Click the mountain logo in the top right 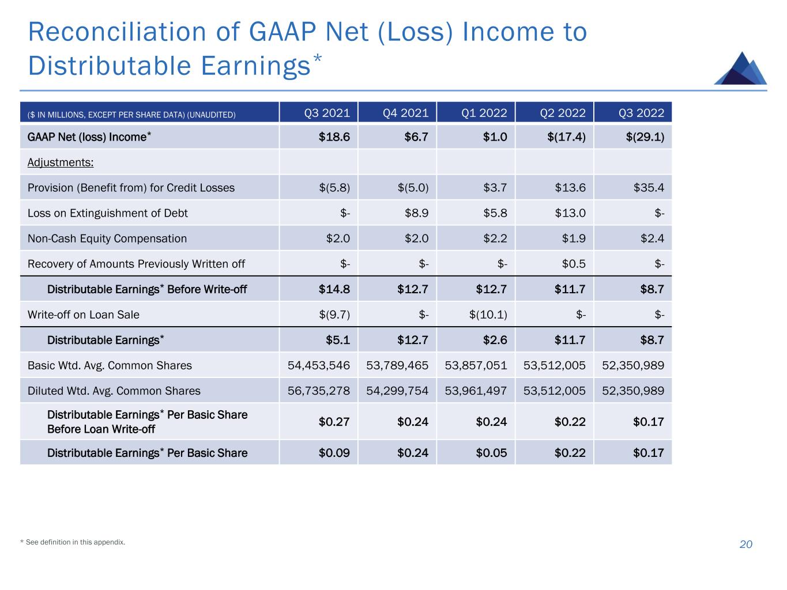pos(740,69)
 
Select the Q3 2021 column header pos(327,113)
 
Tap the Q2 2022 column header pos(562,113)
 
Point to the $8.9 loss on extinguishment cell pos(416,213)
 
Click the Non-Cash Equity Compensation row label pos(107,239)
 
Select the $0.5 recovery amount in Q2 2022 pos(574,264)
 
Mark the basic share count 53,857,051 pos(476,365)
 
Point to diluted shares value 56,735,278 pos(319,391)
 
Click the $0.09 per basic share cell pos(334,453)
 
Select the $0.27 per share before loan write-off pos(334,422)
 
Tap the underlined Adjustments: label pos(61,162)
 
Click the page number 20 pos(745,544)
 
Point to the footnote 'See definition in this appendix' pos(75,542)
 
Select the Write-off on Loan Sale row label pos(84,315)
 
